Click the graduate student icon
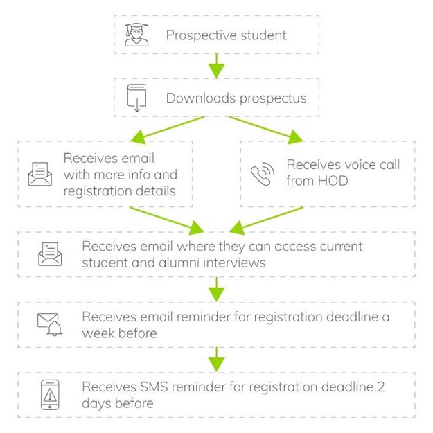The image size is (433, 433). coord(136,35)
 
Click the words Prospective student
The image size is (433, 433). coord(226,35)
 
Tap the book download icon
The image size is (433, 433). coord(136,98)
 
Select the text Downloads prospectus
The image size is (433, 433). coord(236,98)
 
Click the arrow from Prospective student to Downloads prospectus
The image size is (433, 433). coord(217,66)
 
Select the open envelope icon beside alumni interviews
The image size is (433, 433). coord(50,254)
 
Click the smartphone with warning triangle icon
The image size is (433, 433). coord(50,394)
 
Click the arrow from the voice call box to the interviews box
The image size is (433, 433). coord(266,218)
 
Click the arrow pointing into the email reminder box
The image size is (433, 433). coord(217,288)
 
